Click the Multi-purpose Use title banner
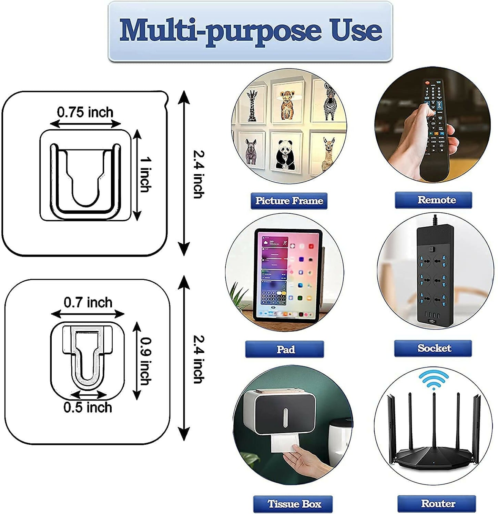point(250,31)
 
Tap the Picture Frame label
point(289,201)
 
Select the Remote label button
point(433,200)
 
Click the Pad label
point(285,349)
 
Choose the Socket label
point(433,348)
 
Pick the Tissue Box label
point(293,504)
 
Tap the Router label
point(437,504)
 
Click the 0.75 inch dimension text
point(85,112)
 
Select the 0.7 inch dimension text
point(88,303)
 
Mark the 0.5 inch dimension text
point(88,407)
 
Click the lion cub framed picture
point(287,103)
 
